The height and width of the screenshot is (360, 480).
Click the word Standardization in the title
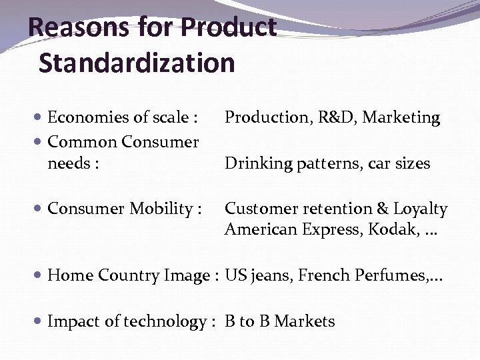[x=137, y=63]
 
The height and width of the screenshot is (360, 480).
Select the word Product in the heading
[x=229, y=28]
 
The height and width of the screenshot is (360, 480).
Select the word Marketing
[x=401, y=118]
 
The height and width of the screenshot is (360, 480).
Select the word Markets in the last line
[x=305, y=322]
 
